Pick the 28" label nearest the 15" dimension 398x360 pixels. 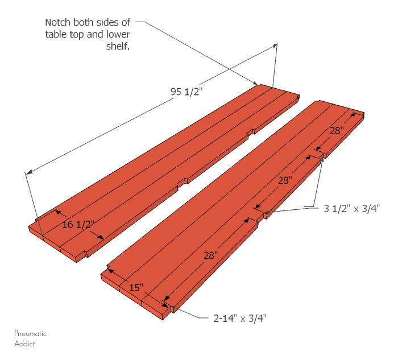click(x=210, y=256)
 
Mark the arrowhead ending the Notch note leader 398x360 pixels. click(x=259, y=84)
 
